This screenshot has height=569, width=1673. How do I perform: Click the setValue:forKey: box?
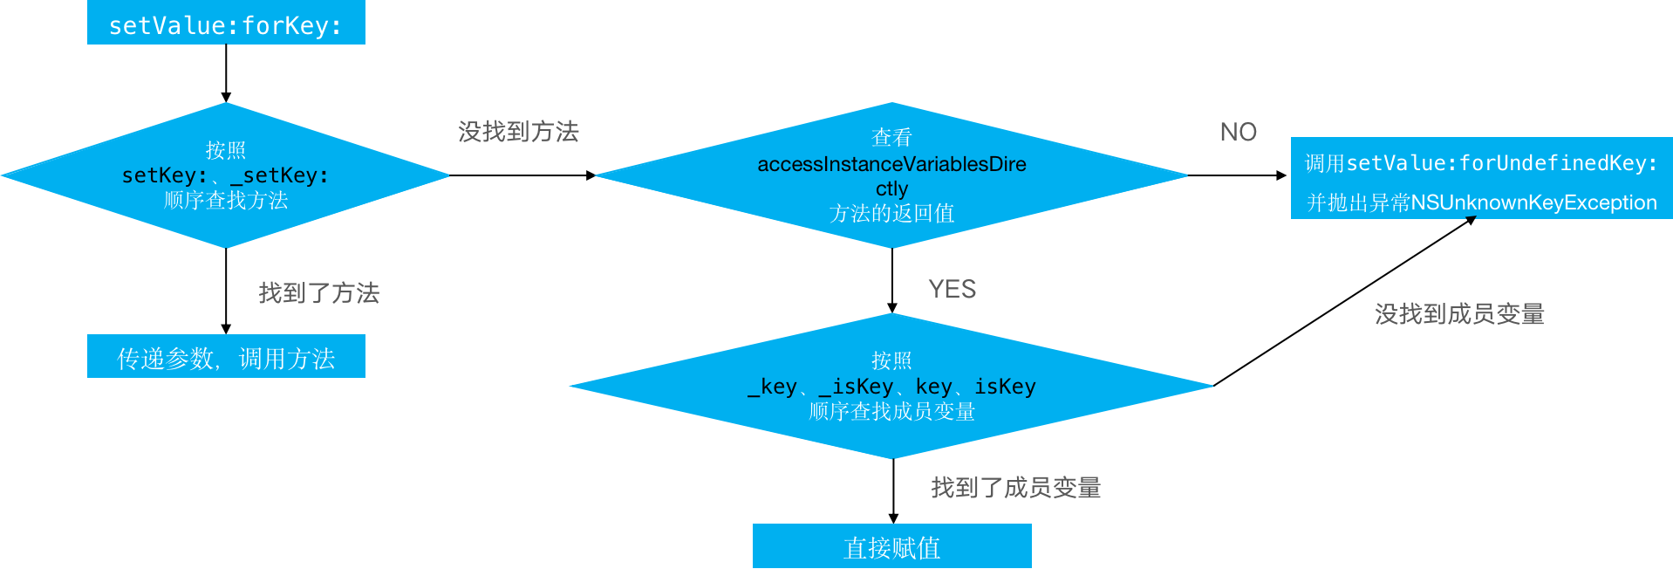[x=226, y=24]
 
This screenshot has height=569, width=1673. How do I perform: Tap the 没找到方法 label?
[x=518, y=132]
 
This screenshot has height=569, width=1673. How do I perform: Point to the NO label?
[x=1238, y=132]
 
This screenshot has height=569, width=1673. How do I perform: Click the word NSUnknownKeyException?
[x=1533, y=202]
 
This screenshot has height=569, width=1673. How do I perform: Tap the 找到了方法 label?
[x=319, y=293]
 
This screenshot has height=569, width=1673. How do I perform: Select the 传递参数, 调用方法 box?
[x=226, y=357]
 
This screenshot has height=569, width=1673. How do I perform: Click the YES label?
[x=952, y=289]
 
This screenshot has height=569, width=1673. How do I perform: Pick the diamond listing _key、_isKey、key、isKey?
[x=891, y=386]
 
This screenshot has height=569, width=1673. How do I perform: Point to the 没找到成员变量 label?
[x=1459, y=314]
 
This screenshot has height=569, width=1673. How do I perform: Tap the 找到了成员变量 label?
[x=1015, y=487]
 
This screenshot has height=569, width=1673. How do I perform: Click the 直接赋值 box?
[x=891, y=547]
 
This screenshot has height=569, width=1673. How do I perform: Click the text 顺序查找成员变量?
[x=891, y=411]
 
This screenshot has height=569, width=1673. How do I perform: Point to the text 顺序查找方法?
[x=226, y=201]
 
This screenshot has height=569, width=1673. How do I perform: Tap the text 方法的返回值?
[x=891, y=214]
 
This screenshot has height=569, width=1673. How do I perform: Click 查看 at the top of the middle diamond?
[x=891, y=138]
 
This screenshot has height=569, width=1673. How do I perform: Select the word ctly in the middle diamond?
[x=891, y=189]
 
